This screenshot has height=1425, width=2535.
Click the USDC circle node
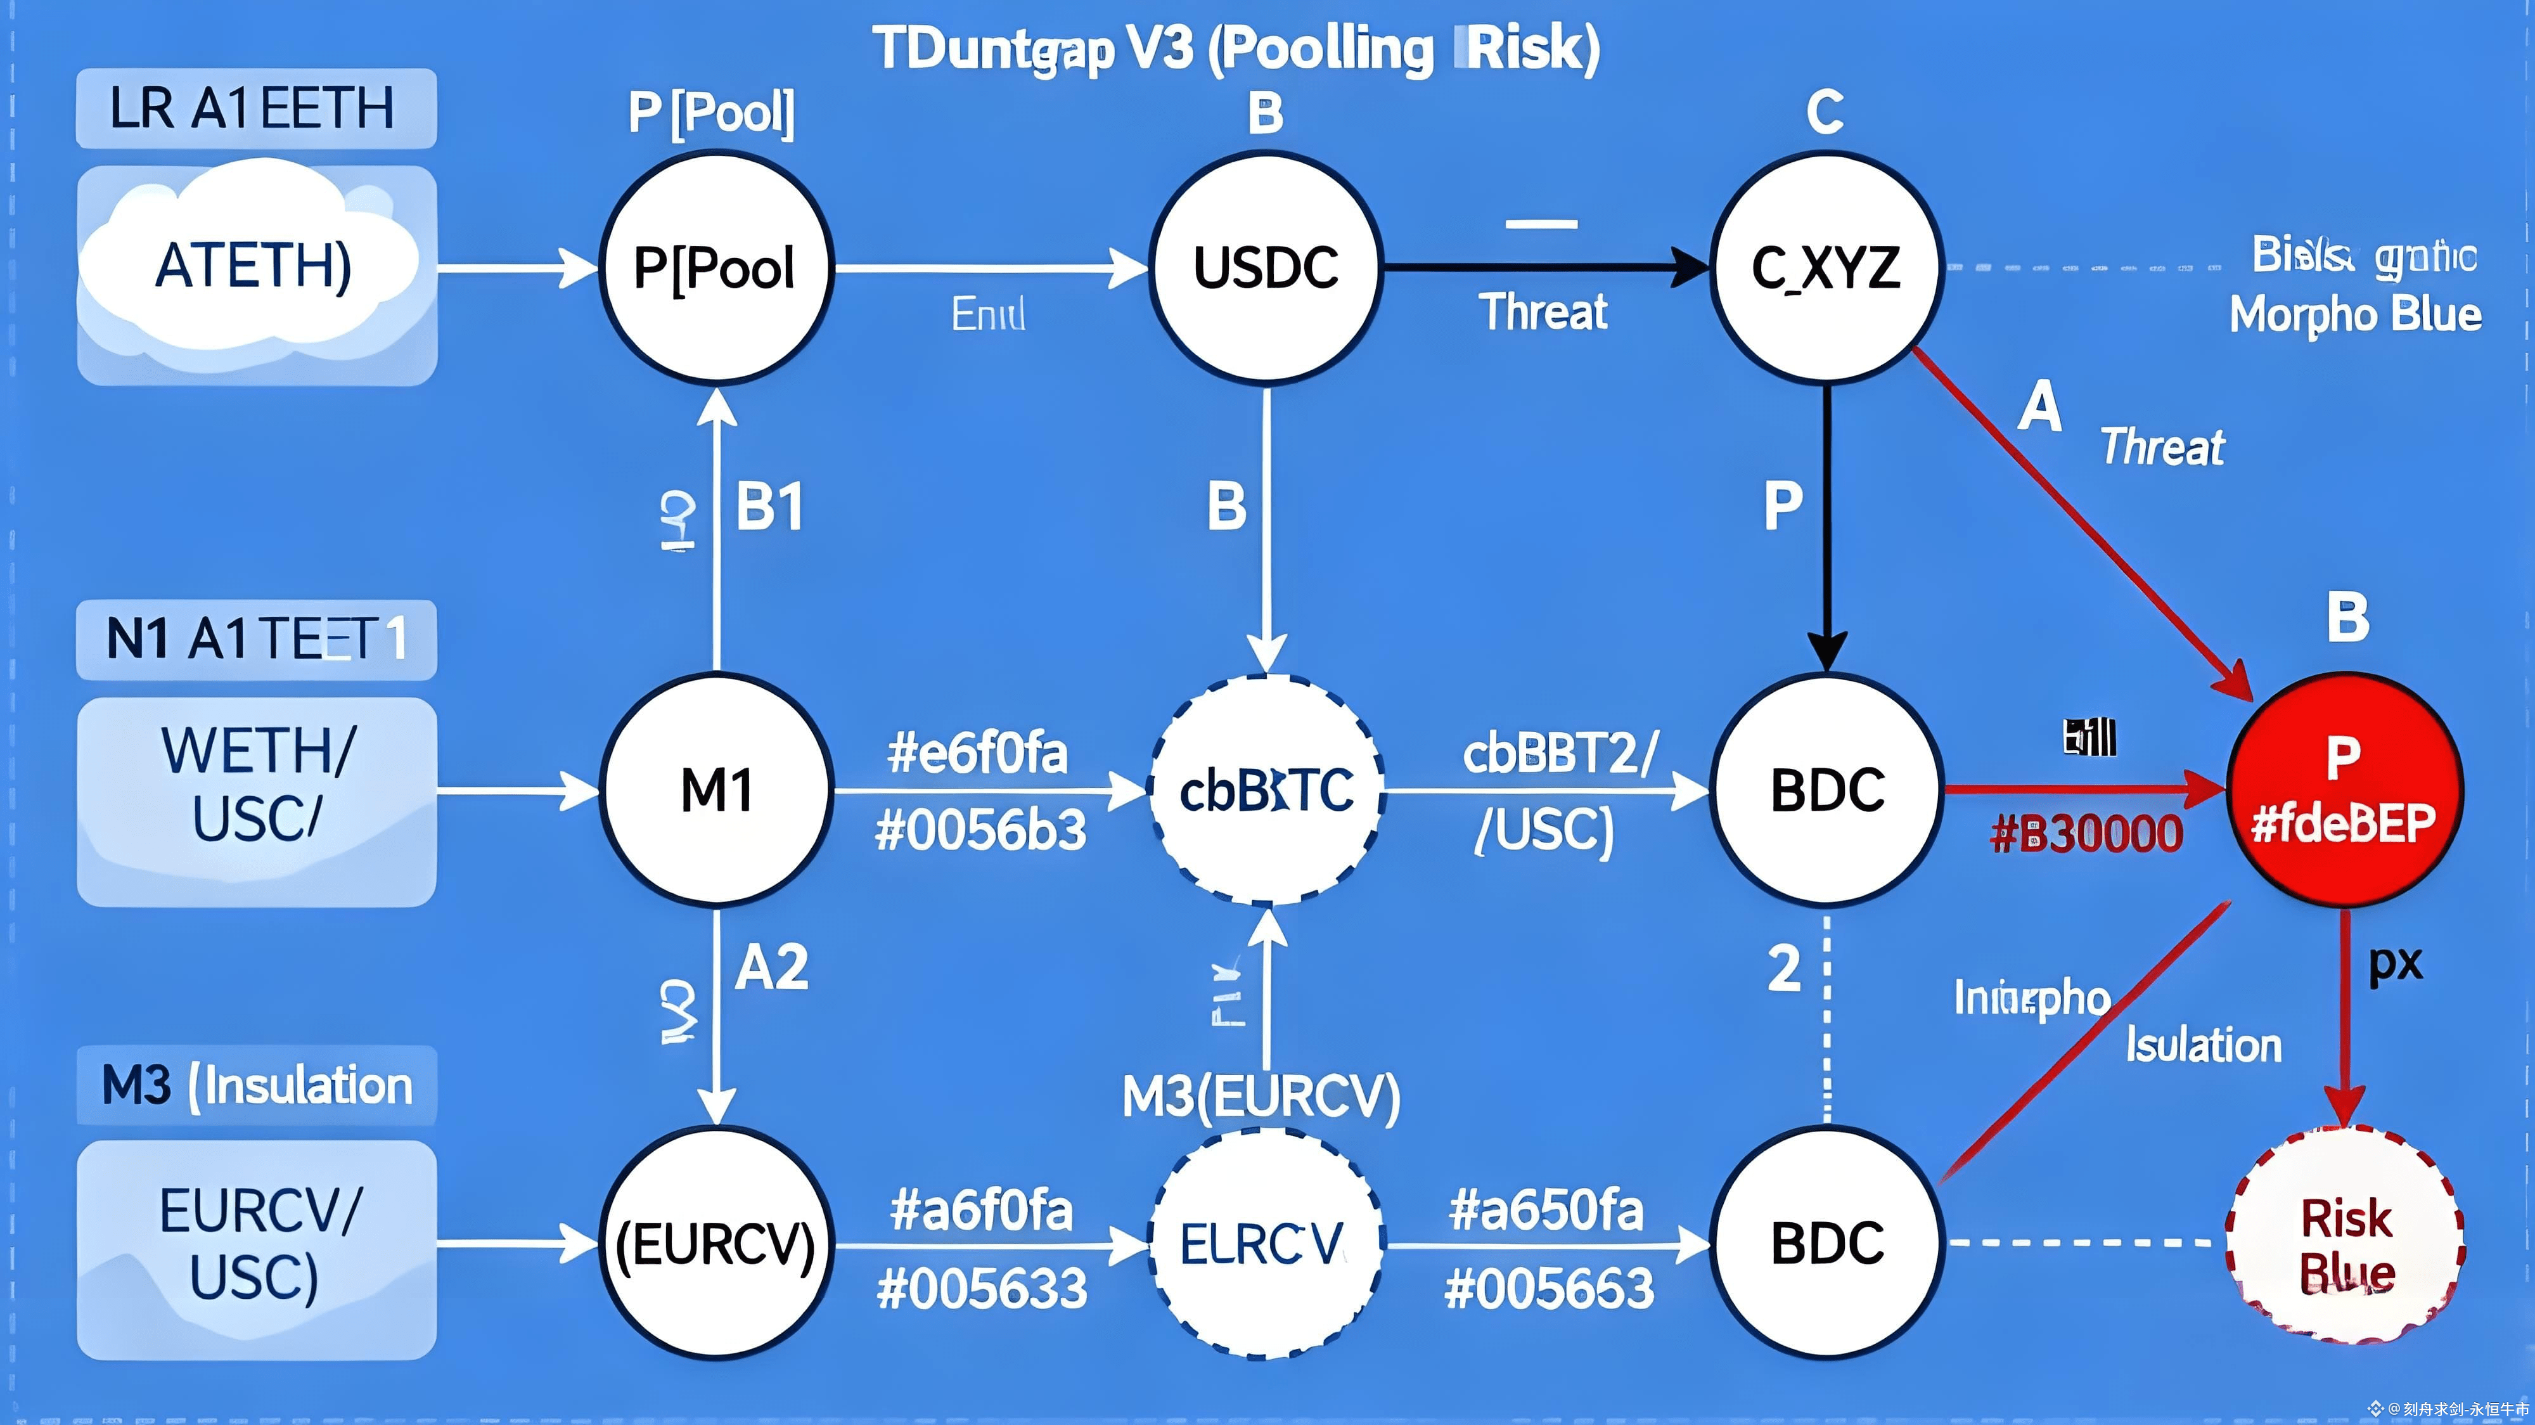click(x=1266, y=267)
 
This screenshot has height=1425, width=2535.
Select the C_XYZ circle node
click(x=1825, y=267)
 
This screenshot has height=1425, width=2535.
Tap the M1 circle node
click(x=716, y=789)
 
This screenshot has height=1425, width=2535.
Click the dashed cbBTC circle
click(x=1266, y=789)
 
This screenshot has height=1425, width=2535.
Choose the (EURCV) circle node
click(x=716, y=1243)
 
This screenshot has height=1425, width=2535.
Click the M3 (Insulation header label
click(x=256, y=1085)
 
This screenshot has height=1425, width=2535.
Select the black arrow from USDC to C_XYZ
click(x=1545, y=267)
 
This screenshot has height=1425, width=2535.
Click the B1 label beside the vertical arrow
click(x=769, y=508)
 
